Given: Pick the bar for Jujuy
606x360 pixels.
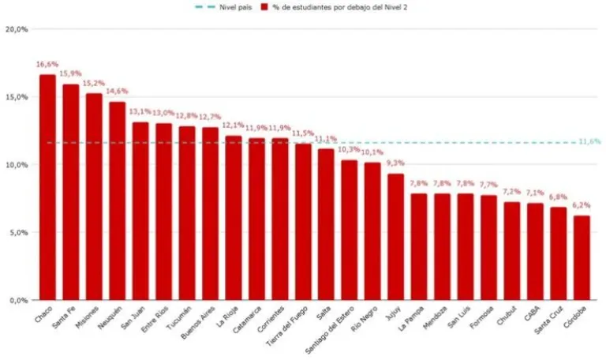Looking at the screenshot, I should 395,237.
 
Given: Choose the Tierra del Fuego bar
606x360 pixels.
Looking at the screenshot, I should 302,222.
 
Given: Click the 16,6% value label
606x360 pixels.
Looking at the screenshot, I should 47,64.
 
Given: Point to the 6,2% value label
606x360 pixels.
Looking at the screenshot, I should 581,204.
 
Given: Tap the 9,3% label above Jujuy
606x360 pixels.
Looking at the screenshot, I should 395,163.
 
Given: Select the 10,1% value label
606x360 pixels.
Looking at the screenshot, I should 372,152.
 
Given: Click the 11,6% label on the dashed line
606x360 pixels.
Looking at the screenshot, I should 589,141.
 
